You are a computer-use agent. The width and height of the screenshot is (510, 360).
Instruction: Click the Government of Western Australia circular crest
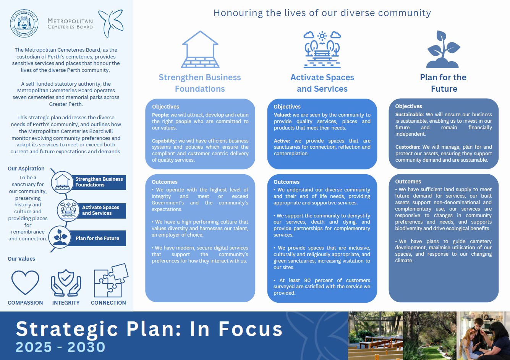(x=24, y=24)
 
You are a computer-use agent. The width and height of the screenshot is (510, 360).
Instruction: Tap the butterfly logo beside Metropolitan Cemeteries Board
(x=111, y=23)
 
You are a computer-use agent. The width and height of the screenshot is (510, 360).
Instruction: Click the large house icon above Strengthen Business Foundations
(x=200, y=49)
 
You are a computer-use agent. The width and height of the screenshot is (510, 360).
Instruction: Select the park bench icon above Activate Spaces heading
(x=322, y=49)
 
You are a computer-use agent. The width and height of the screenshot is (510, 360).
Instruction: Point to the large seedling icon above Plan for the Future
(x=443, y=49)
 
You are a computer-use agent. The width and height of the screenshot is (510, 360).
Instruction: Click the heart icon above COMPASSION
(x=25, y=282)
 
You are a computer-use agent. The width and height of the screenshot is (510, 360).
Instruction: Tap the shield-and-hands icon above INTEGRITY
(x=66, y=282)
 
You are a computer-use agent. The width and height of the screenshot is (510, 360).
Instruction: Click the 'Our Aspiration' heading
(x=26, y=169)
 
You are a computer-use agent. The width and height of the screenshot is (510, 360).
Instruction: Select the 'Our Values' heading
(x=21, y=259)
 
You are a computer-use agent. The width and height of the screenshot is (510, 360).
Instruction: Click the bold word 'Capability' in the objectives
(x=164, y=141)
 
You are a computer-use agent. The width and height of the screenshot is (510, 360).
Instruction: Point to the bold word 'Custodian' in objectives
(x=407, y=147)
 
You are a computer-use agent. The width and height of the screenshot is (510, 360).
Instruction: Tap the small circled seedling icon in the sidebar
(x=60, y=237)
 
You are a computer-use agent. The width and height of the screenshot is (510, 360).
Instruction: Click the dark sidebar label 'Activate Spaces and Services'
(x=100, y=210)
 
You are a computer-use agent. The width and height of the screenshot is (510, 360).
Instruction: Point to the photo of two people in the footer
(x=484, y=336)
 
